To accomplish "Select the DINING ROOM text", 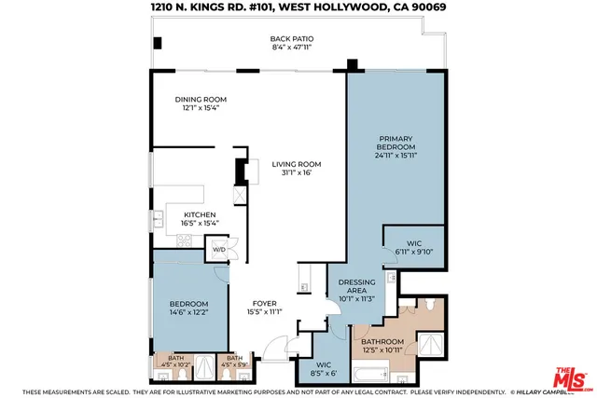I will pos(201,100).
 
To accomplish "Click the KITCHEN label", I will pos(200,214).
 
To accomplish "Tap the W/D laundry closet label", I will pos(220,250).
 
